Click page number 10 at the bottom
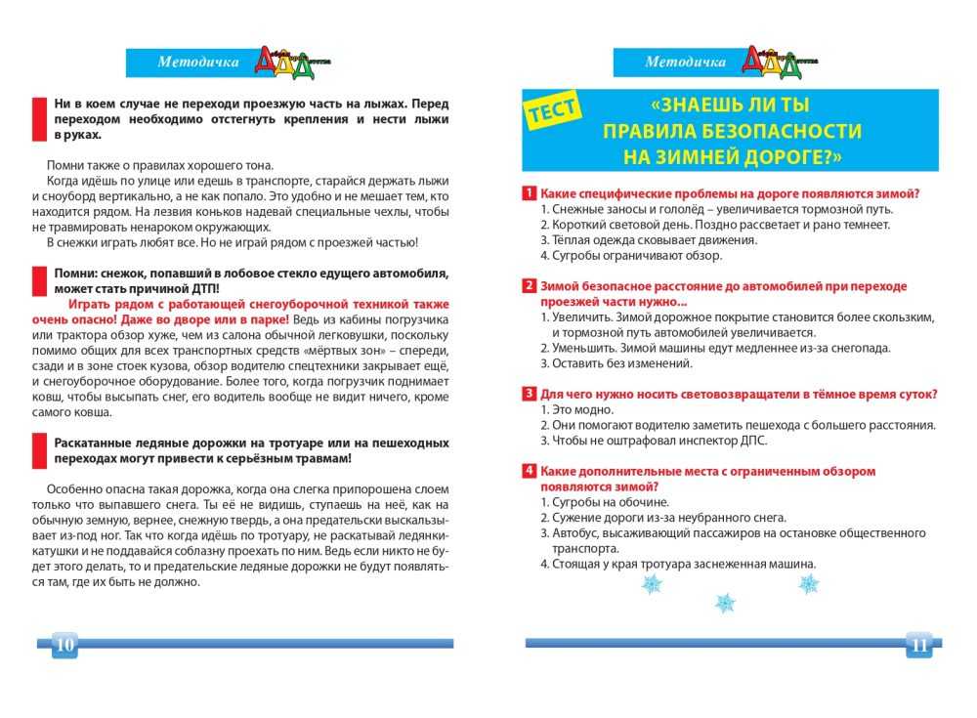[64, 644]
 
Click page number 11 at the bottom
[918, 644]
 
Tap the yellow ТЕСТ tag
[554, 112]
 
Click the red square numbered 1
[529, 193]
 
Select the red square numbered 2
[529, 286]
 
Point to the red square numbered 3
[529, 394]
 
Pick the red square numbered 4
[529, 471]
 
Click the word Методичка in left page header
[197, 63]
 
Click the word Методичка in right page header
[685, 63]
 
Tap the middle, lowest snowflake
[725, 603]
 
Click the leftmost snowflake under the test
[651, 584]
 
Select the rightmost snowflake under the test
[809, 584]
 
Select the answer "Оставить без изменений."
[621, 363]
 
